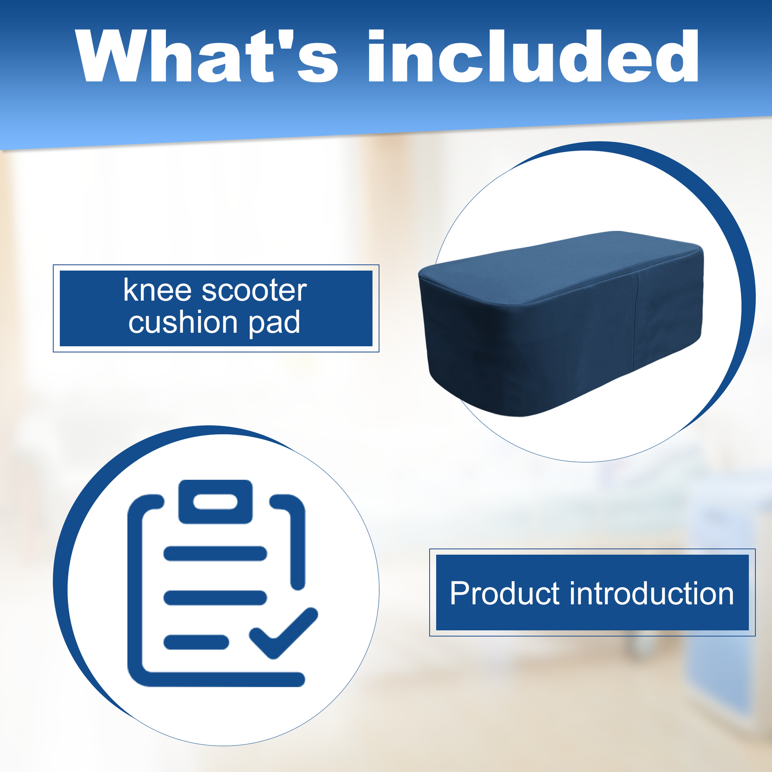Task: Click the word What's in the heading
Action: pyautogui.click(x=206, y=56)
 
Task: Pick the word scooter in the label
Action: pyautogui.click(x=255, y=290)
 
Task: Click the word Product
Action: pyautogui.click(x=504, y=593)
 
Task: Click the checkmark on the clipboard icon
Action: pyautogui.click(x=283, y=633)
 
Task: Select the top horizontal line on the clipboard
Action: pyautogui.click(x=215, y=553)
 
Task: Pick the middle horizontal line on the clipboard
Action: pyautogui.click(x=215, y=598)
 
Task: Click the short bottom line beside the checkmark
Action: pyautogui.click(x=196, y=642)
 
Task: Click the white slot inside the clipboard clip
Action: pyautogui.click(x=215, y=502)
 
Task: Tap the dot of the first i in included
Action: pyautogui.click(x=376, y=36)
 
